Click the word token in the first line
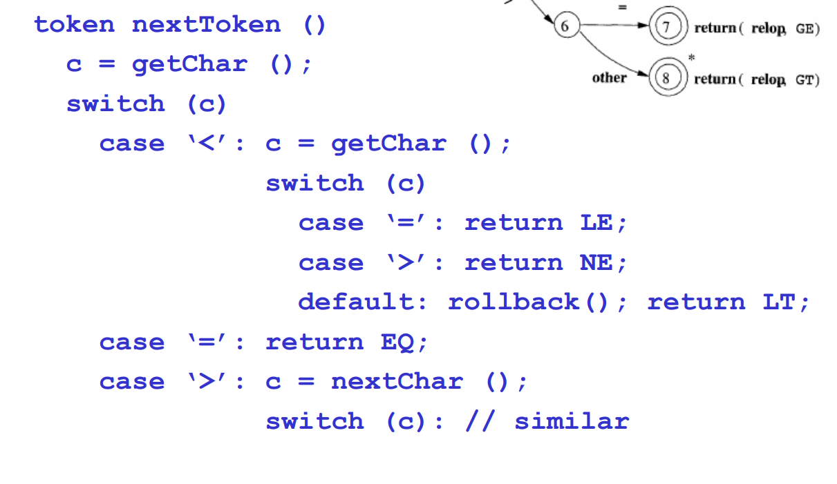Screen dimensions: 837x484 pos(75,25)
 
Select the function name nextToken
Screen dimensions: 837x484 pos(206,25)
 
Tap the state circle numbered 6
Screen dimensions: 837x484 pos(567,26)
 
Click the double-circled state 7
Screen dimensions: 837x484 pos(668,26)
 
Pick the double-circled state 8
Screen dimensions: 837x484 pos(668,77)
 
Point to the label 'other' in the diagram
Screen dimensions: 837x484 pos(610,77)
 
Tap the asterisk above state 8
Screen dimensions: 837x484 pos(692,57)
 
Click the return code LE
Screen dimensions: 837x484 pos(596,223)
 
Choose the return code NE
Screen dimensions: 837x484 pos(596,262)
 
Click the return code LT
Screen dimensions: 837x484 pos(779,302)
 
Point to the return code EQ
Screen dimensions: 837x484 pos(397,342)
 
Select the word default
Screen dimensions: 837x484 pos(357,302)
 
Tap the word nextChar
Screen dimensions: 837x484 pos(397,382)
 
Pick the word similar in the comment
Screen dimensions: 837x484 pos(572,422)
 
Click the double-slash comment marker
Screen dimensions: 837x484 pos(480,422)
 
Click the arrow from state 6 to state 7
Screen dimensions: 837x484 pos(614,25)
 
